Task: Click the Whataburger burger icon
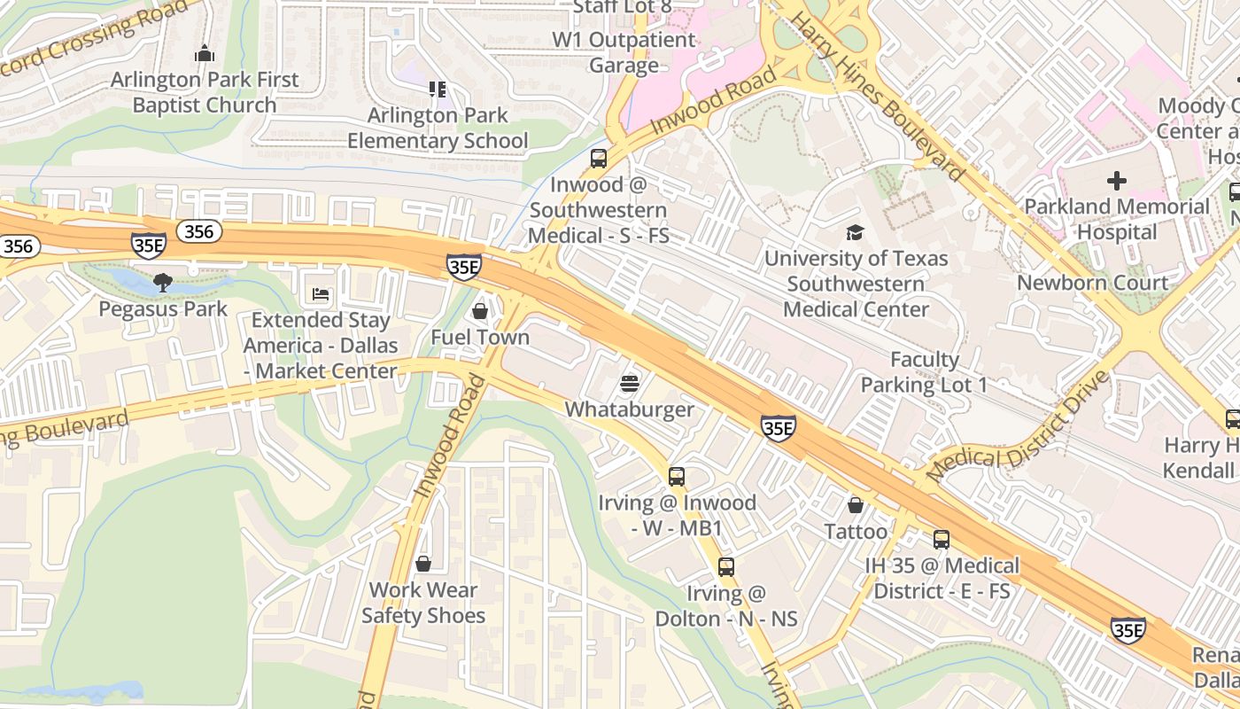pos(630,384)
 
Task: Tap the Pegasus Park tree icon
pos(162,283)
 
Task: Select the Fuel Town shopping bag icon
pos(480,311)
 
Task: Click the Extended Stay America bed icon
pos(321,294)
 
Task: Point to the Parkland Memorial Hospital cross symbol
pos(1117,181)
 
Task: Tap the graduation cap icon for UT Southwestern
pos(855,232)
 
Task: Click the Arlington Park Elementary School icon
pos(437,89)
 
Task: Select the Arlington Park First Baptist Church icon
pos(205,53)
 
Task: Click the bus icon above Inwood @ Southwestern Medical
pos(599,159)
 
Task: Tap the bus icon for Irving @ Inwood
pos(677,477)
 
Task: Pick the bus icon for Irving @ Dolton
pos(726,567)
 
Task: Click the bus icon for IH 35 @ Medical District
pos(942,539)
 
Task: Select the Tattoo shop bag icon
pos(856,505)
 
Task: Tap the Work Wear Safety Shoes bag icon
pos(423,564)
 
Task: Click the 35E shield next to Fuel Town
pos(464,266)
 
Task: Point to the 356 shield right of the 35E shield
pos(198,231)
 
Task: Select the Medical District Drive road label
pos(1018,427)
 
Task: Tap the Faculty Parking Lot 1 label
pos(924,372)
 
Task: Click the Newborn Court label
pos(1092,283)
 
